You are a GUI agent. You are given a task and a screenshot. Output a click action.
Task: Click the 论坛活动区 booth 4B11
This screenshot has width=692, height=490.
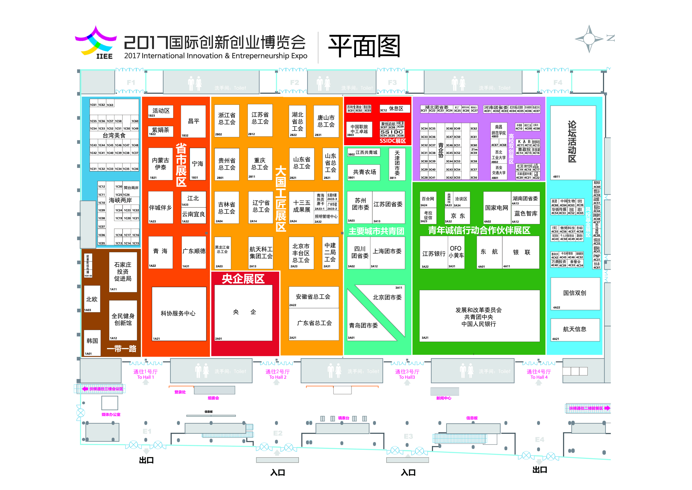coord(573,142)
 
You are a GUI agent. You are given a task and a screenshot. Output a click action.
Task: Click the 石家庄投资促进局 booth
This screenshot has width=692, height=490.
coord(123,272)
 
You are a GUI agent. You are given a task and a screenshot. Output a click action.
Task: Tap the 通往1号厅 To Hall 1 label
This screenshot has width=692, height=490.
coord(146,374)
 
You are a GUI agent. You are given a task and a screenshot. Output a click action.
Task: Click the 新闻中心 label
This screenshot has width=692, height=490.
coord(444,398)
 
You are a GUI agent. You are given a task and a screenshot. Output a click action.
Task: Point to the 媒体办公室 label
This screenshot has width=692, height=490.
coord(111,415)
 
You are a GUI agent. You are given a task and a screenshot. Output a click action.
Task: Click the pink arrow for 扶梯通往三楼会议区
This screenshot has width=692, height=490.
coord(85,389)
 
